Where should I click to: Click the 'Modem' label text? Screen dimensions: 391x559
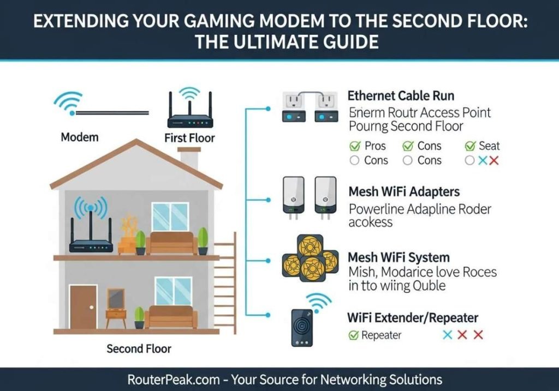79,137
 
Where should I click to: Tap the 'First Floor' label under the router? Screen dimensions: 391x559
189,138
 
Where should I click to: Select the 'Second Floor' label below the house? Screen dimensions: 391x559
139,348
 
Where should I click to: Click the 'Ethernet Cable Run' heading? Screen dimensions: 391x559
401,96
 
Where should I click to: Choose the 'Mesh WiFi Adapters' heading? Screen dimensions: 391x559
404,192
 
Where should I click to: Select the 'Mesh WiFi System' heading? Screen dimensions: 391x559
399,257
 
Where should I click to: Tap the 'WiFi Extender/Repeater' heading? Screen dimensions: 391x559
413,317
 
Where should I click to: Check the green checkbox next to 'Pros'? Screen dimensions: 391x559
354,146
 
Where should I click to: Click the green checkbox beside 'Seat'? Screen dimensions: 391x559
469,146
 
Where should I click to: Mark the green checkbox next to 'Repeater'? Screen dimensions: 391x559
354,335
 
